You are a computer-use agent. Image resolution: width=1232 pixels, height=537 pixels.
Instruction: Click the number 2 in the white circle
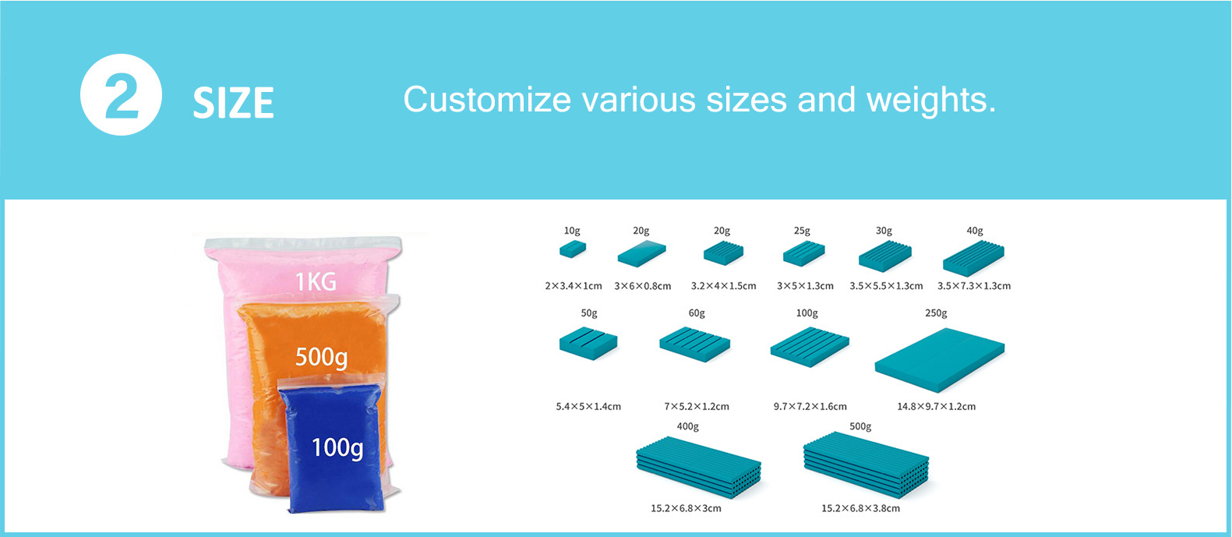(x=122, y=95)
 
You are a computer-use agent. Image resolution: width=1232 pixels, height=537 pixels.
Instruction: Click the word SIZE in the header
(x=233, y=103)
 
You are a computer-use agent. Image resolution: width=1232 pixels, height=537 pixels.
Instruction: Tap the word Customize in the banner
(x=488, y=100)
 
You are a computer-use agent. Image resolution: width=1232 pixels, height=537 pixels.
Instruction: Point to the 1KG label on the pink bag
(x=316, y=281)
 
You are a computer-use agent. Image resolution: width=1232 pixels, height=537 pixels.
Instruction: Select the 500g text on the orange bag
(x=321, y=358)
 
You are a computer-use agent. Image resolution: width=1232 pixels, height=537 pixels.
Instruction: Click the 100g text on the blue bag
(x=337, y=448)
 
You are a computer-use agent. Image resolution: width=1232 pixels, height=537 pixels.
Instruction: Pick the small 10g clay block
(x=573, y=249)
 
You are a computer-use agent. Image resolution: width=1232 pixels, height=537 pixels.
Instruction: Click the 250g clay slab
(x=940, y=360)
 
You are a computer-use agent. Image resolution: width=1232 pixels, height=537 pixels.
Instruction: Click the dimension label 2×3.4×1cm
(x=573, y=286)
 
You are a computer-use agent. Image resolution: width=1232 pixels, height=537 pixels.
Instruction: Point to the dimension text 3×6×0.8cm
(x=642, y=286)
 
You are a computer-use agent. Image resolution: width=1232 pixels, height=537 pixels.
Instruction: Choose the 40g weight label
(x=975, y=231)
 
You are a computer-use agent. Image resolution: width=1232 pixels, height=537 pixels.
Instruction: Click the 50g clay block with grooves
(x=588, y=344)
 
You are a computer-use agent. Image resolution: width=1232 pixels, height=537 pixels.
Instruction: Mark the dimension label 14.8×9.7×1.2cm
(x=936, y=407)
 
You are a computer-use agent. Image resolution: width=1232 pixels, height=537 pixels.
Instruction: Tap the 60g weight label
(x=697, y=313)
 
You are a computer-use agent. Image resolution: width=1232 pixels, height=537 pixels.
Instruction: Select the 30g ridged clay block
(x=885, y=256)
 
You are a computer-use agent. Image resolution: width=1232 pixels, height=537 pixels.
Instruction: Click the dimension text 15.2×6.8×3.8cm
(x=861, y=508)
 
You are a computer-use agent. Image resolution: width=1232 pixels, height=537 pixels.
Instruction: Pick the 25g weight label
(x=802, y=231)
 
